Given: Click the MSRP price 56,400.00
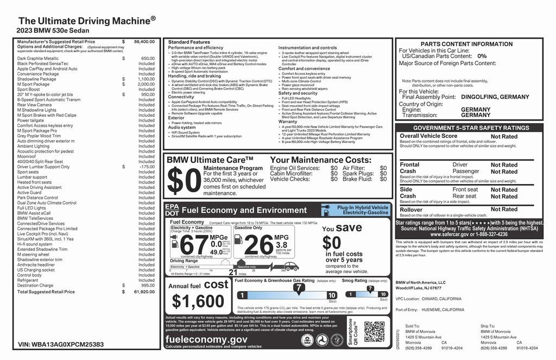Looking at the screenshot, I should [x=144, y=41].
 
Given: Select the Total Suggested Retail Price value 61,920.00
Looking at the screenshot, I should [x=144, y=292].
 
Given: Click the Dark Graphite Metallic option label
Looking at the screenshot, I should [x=38, y=58].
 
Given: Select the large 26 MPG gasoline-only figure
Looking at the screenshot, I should [x=258, y=244].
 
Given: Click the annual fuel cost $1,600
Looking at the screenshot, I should [x=194, y=301].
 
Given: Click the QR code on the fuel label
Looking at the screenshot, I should [x=374, y=331].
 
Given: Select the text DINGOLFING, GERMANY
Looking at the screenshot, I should [x=495, y=97].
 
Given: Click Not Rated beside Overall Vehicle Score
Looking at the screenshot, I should [x=504, y=137].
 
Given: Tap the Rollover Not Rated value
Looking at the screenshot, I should [x=504, y=210].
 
